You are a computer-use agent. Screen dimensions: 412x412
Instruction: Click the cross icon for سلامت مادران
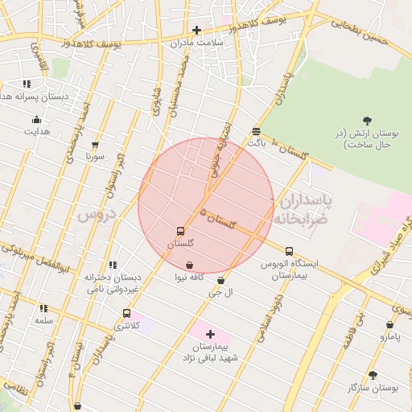coord(196,30)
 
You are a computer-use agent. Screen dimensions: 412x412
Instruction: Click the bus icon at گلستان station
coord(180,231)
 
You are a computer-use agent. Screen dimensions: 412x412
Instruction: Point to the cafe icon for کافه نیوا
coord(189,265)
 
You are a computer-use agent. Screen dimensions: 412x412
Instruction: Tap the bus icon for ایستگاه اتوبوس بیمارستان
coord(289,251)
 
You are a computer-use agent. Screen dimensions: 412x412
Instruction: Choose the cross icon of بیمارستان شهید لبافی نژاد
coord(210,333)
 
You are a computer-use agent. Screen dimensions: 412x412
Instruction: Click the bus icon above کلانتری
coord(126,313)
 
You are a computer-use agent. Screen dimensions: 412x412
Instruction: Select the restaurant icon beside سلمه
coord(43,307)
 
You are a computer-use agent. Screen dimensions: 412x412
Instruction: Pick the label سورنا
coord(96,156)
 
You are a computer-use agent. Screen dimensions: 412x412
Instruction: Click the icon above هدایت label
coord(35,120)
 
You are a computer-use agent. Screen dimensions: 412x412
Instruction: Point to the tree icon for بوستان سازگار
coord(372,375)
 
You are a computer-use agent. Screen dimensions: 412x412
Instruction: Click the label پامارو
coord(389,337)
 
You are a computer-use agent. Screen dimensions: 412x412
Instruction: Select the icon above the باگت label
coord(256,130)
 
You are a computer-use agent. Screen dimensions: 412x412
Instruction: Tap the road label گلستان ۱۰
coord(291,150)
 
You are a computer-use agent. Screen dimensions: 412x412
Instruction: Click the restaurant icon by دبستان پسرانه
coord(27,83)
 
